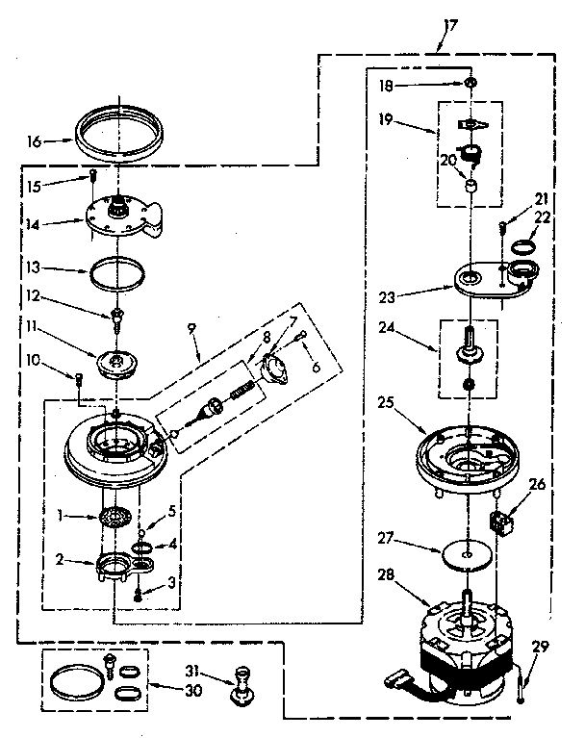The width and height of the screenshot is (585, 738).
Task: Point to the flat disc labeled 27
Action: pos(466,554)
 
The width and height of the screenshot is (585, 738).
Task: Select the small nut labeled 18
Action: pos(469,84)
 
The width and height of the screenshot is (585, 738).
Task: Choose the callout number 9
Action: pos(193,328)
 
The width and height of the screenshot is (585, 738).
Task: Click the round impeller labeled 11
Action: pos(117,360)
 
